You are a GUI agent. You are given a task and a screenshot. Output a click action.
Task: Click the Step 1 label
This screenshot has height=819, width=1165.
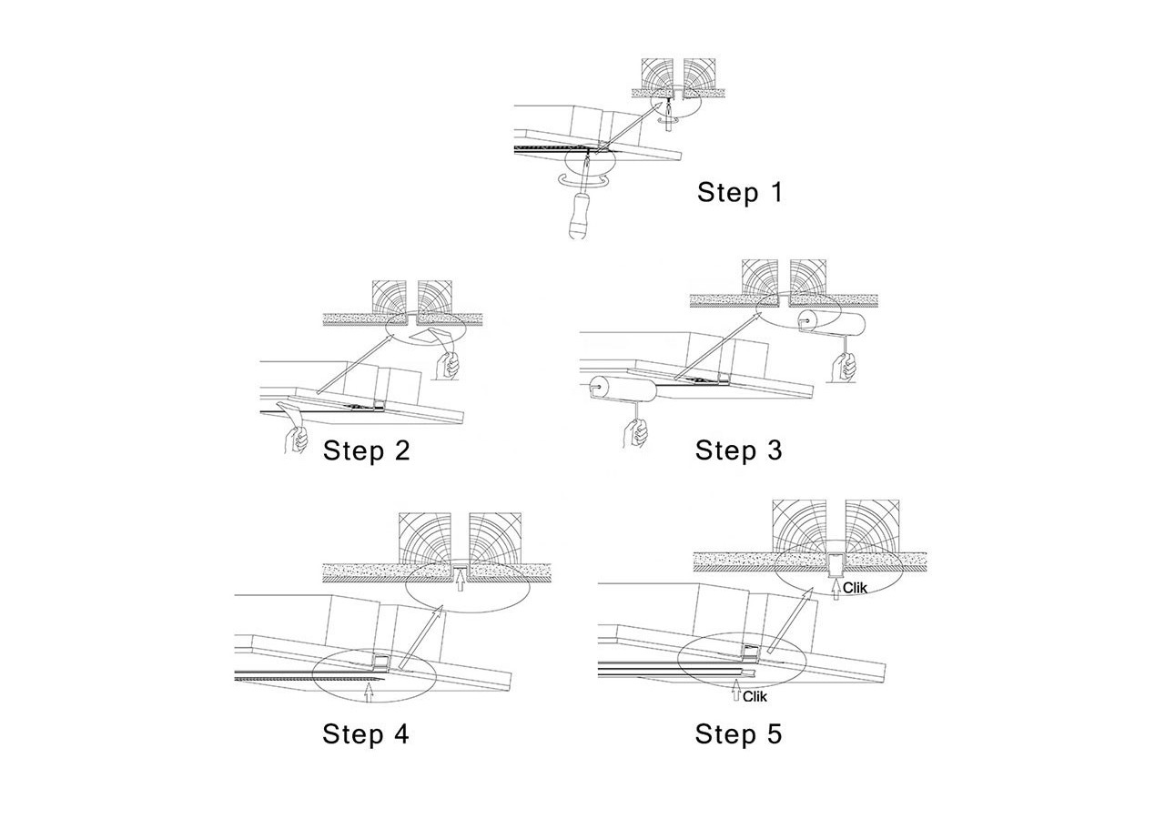(739, 193)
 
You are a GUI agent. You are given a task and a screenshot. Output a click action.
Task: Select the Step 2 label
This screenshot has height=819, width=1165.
(366, 450)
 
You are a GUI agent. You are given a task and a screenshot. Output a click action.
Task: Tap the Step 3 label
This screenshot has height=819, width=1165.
(738, 450)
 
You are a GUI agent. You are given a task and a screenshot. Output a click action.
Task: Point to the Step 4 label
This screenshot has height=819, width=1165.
(365, 734)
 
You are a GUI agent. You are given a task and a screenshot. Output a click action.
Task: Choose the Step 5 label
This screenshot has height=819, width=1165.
(738, 734)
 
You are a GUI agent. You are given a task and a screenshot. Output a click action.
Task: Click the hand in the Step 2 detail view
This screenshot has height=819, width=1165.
(449, 366)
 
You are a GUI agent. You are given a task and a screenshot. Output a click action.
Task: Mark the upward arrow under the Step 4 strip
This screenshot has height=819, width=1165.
(368, 693)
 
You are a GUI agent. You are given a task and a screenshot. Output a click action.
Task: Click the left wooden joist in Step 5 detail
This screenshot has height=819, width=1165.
(801, 525)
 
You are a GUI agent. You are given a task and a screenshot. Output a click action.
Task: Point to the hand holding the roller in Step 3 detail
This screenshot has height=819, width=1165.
(846, 366)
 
